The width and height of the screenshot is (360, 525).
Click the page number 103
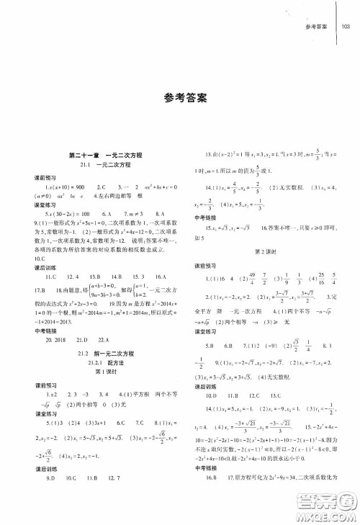coord(345,27)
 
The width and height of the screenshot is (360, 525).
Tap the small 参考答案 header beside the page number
coord(317,27)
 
